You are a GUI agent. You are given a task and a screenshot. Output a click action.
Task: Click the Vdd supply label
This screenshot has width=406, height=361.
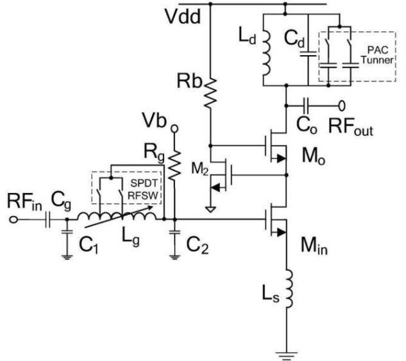click(183, 17)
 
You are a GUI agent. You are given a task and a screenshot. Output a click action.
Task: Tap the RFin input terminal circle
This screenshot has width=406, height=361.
click(13, 220)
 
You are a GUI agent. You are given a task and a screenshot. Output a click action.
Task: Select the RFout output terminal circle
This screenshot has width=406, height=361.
click(342, 106)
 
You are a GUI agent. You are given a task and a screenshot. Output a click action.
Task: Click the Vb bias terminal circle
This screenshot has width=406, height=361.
click(174, 129)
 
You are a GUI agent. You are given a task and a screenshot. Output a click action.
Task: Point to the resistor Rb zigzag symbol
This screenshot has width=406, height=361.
click(210, 92)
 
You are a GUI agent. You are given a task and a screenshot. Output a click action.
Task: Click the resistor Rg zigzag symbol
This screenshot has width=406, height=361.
click(174, 165)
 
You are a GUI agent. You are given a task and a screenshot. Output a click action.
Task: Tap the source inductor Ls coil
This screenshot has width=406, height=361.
click(289, 289)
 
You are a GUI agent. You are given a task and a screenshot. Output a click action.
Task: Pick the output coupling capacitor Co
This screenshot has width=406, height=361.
click(307, 106)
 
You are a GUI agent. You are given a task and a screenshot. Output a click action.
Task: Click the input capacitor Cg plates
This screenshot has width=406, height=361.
click(47, 220)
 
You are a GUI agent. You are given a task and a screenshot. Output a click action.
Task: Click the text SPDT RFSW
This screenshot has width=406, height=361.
click(144, 189)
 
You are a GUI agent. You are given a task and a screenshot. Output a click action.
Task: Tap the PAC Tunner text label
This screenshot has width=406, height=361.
click(378, 55)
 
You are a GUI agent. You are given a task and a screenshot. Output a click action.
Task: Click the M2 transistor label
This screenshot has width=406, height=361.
click(200, 169)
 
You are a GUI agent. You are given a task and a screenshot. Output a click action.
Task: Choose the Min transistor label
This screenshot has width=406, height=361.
click(314, 246)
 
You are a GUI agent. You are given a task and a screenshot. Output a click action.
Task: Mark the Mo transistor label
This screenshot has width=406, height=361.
click(314, 157)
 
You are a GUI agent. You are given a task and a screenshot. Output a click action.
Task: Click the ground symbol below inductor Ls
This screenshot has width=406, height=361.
click(286, 355)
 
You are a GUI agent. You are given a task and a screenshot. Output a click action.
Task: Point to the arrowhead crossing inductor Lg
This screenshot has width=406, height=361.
click(149, 207)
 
